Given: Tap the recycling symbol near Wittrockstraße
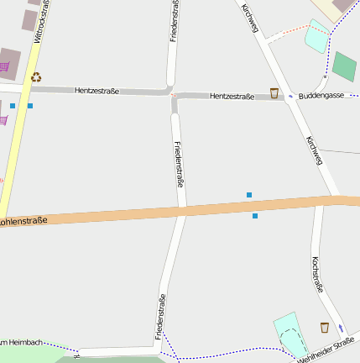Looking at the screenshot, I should point(36,77).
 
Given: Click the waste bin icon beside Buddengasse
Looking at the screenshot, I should point(274,93).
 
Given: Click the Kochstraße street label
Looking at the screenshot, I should point(317,274).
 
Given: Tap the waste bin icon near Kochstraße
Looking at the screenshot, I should point(325,326).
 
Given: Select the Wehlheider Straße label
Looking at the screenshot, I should point(326,350).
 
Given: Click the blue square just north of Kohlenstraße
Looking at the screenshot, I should point(249,195).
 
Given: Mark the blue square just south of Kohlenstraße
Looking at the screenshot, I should point(255,216).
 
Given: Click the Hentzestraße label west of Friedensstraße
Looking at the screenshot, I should point(97,90).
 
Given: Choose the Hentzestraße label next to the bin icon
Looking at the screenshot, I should point(232,97).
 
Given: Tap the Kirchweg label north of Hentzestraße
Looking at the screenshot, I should point(249,18).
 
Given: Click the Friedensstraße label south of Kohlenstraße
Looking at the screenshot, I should point(159,317).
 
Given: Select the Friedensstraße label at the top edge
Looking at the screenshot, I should point(174,21).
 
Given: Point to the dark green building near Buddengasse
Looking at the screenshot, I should point(344,66).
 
